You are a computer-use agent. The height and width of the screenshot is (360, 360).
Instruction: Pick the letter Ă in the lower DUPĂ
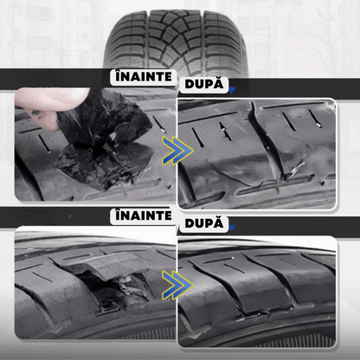[x=221, y=224]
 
